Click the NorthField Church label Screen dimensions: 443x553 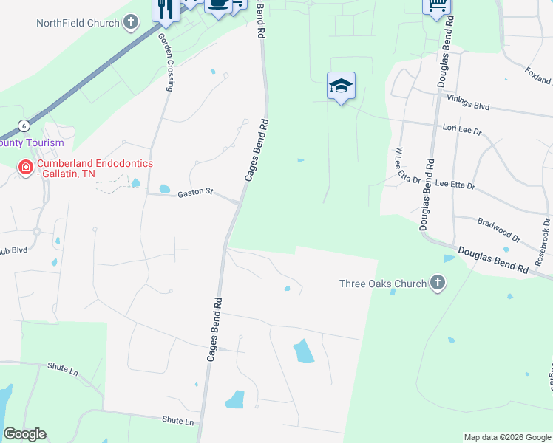coord(78,23)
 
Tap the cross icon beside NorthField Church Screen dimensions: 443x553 coord(130,22)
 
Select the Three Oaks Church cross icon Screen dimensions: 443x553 coord(438,283)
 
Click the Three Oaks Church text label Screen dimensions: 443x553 coord(383,284)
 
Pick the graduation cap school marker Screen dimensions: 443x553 coord(342,86)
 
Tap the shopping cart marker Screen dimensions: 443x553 coord(437,6)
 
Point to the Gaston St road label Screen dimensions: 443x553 coord(195,193)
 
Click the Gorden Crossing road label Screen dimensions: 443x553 coord(166,64)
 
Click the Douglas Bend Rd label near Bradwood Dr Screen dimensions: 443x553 coord(493,261)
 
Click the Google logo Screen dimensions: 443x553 coord(24,433)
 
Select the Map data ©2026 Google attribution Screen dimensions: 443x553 coord(506,437)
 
